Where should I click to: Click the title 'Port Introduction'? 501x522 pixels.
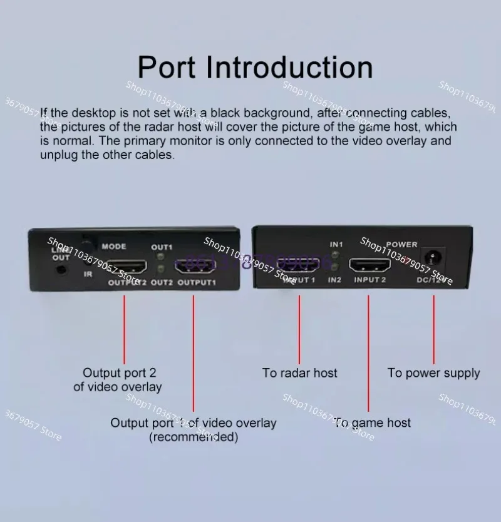[x=255, y=68]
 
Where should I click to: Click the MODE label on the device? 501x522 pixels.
[x=114, y=247]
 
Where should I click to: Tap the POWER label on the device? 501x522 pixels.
[x=401, y=244]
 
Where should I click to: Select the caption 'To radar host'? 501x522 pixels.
[x=299, y=373]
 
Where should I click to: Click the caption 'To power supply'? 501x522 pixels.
[x=433, y=373]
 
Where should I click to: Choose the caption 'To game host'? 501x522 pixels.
[x=372, y=423]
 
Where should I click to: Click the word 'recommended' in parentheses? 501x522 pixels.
[x=194, y=438]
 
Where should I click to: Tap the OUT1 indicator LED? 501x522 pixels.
[x=162, y=257]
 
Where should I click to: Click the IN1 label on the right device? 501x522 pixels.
[x=336, y=243]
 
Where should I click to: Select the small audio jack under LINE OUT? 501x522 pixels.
[x=61, y=270]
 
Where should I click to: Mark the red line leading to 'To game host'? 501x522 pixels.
[x=368, y=351]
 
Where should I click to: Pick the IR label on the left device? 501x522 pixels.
[x=88, y=274]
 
